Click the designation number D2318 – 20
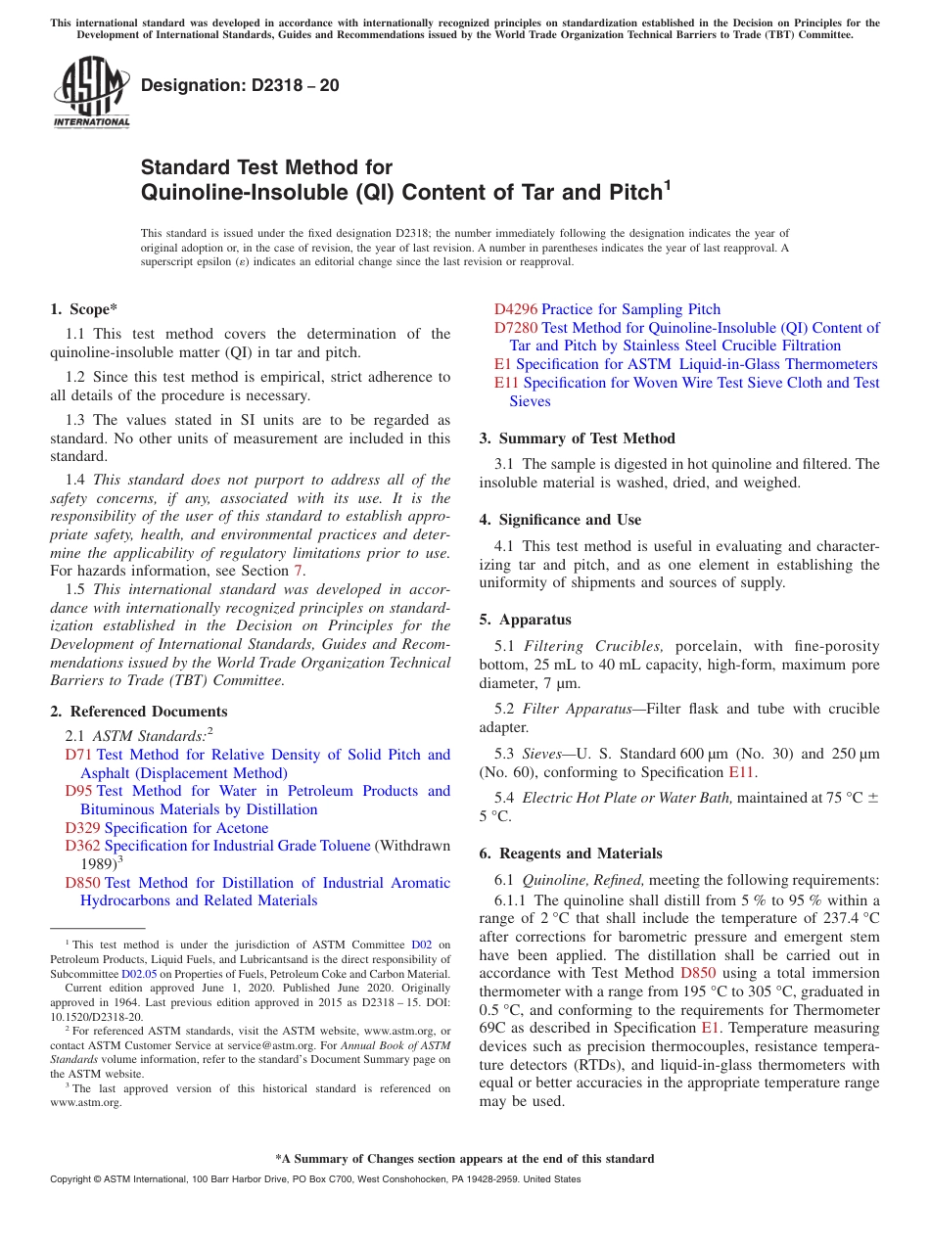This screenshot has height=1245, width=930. (x=240, y=85)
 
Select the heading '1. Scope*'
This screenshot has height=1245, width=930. (x=84, y=309)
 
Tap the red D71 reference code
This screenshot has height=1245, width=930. (x=78, y=755)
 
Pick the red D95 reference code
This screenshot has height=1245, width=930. (x=78, y=791)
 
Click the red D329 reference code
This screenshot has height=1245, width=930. (x=82, y=828)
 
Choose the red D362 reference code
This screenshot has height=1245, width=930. (x=82, y=846)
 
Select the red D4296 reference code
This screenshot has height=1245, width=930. (x=516, y=309)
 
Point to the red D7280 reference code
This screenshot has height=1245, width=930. (x=516, y=328)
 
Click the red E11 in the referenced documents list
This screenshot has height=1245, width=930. (x=506, y=383)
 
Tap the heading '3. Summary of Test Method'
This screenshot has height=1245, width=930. (x=577, y=438)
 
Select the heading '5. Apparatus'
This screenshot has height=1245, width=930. (x=525, y=620)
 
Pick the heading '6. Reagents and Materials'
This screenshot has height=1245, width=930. (x=571, y=853)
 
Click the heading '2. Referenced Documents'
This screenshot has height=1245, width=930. (x=139, y=712)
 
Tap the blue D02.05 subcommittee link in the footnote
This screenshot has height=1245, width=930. (x=139, y=974)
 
